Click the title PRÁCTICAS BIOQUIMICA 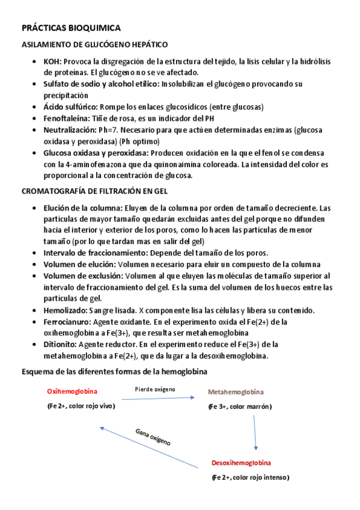click(71, 28)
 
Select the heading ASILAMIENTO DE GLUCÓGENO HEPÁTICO click(95, 45)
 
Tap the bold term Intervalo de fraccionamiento click(95, 253)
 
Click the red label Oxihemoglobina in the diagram click(72, 392)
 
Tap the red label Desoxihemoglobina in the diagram click(241, 462)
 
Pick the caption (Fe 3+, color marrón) click(240, 407)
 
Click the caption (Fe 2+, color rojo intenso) click(251, 478)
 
